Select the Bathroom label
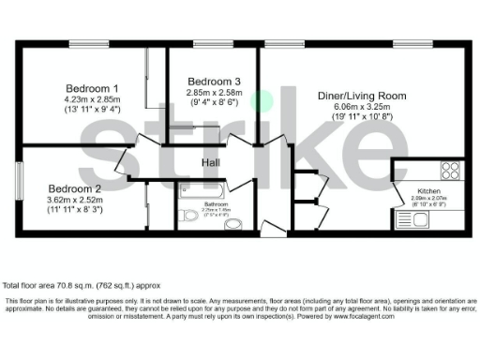click(x=217, y=202)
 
